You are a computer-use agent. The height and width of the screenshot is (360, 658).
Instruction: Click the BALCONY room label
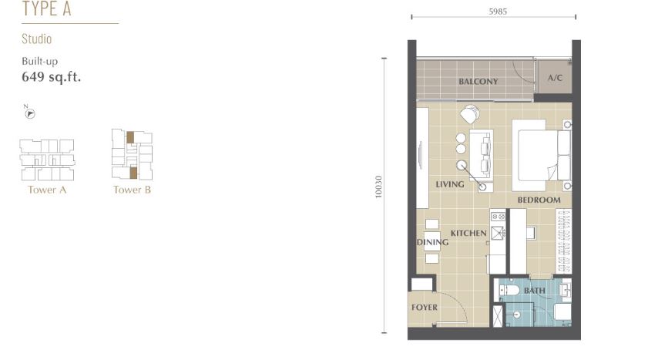coord(478,81)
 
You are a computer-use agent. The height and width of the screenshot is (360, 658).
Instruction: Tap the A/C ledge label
coord(555,78)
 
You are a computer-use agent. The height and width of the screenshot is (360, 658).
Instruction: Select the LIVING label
coord(449,184)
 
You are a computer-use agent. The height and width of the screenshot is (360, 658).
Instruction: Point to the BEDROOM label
coord(539,200)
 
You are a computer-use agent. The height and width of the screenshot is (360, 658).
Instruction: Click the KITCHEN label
coord(468,233)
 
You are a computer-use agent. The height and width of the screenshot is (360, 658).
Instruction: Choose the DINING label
coord(433,242)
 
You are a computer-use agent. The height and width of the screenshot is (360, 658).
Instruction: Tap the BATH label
coord(534,291)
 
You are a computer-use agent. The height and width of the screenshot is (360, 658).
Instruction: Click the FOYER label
coord(425,307)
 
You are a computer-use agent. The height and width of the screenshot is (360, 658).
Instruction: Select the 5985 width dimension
coord(498,12)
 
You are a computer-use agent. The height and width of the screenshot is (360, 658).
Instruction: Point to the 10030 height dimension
coord(378,187)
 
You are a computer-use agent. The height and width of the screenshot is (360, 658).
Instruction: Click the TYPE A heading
coord(46,8)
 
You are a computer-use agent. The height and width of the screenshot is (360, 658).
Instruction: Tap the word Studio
coord(36,39)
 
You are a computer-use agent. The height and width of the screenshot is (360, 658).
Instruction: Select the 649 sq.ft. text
coord(51,77)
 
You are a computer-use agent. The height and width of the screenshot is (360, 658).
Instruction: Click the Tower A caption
coord(47,190)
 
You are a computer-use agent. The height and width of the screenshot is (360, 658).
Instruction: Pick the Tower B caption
coord(132,190)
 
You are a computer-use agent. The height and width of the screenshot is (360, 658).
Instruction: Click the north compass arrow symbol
coord(30,113)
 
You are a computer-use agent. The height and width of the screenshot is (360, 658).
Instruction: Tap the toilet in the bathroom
coord(509,291)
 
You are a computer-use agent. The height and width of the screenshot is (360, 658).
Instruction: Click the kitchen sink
coord(498,233)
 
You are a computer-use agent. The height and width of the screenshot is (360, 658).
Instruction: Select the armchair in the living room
coord(470,114)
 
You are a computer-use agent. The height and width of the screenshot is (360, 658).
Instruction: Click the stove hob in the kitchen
coord(498,217)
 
